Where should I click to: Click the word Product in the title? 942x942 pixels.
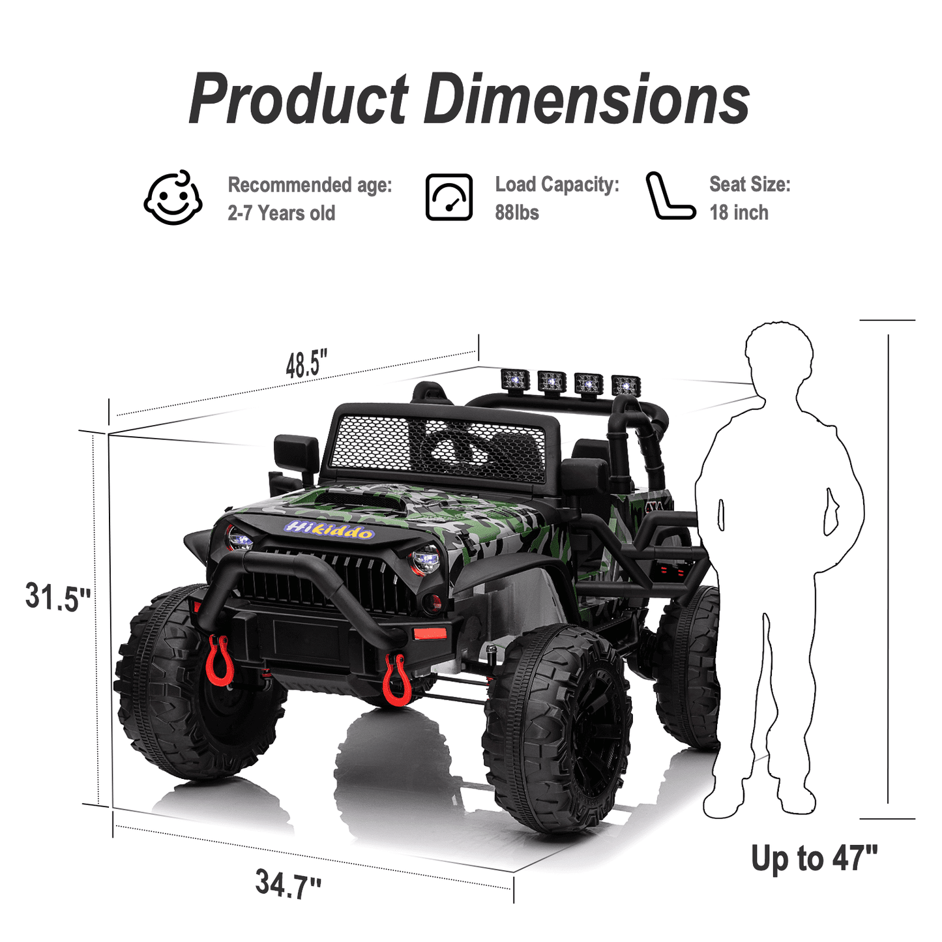click(298, 98)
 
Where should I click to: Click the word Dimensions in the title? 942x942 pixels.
click(587, 98)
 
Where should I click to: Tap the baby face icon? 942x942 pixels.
click(173, 198)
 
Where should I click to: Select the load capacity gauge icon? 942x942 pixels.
click(449, 197)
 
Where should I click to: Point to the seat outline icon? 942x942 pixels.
click(671, 196)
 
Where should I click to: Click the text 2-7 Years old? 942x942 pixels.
click(282, 213)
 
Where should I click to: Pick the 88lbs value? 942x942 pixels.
click(517, 213)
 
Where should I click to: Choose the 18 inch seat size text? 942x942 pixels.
click(739, 213)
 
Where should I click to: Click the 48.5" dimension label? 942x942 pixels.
click(306, 364)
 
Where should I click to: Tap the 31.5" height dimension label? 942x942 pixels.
click(57, 597)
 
